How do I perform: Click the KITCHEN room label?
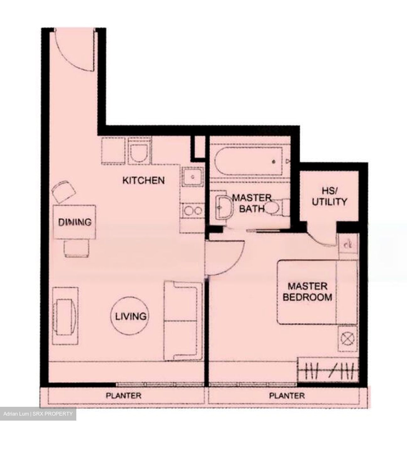pyautogui.click(x=143, y=180)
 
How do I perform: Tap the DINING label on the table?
pyautogui.click(x=75, y=222)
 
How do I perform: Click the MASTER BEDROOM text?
pyautogui.click(x=307, y=292)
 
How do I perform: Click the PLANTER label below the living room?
pyautogui.click(x=123, y=395)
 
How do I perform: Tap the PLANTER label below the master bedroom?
pyautogui.click(x=287, y=395)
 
